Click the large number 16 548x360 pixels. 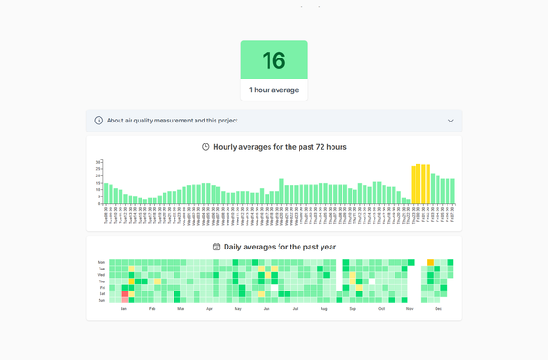pyautogui.click(x=274, y=60)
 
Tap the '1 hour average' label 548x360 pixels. pyautogui.click(x=274, y=90)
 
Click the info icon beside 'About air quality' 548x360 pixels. pyautogui.click(x=99, y=121)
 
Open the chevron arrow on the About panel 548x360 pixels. pyautogui.click(x=450, y=121)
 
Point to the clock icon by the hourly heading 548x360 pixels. pyautogui.click(x=205, y=146)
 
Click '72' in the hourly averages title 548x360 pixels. pyautogui.click(x=307, y=146)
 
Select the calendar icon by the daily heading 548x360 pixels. pyautogui.click(x=216, y=247)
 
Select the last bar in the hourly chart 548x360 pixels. pyautogui.click(x=452, y=191)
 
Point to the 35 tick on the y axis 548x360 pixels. pyautogui.click(x=98, y=162)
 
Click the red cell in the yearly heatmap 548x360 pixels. pyautogui.click(x=125, y=293)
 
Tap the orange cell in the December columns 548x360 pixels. pyautogui.click(x=431, y=262)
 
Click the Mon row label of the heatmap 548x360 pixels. pyautogui.click(x=101, y=262)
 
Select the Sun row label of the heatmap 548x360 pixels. pyautogui.click(x=101, y=300)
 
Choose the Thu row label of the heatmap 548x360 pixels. pyautogui.click(x=101, y=281)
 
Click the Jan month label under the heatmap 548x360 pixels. pyautogui.click(x=123, y=310)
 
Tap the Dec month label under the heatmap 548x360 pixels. pyautogui.click(x=438, y=310)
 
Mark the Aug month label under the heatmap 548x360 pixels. pyautogui.click(x=323, y=310)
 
